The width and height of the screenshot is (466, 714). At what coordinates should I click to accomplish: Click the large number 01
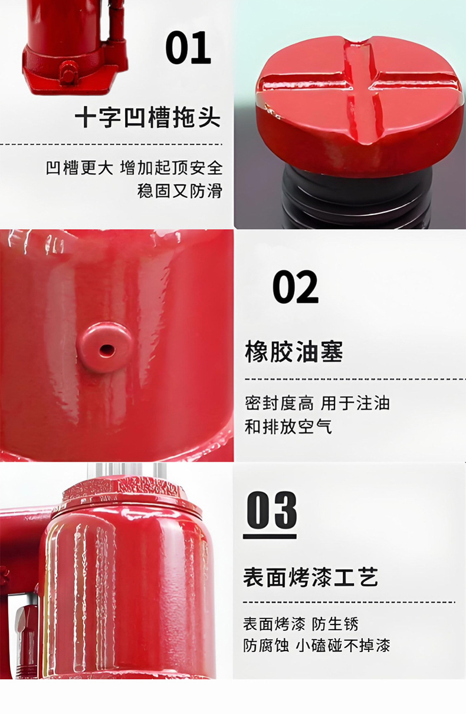(x=188, y=48)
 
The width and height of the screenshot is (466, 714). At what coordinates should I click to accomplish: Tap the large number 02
(x=295, y=287)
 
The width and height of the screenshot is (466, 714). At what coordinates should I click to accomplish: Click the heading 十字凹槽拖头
(x=147, y=118)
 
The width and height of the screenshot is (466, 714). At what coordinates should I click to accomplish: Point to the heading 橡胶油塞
(x=294, y=352)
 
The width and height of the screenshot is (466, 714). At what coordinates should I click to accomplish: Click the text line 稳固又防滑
(x=179, y=191)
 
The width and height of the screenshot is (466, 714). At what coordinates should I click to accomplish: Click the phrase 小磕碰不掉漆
(x=343, y=645)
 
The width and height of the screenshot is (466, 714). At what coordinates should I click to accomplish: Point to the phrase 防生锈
(x=335, y=624)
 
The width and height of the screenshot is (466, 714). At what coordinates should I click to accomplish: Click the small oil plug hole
(x=106, y=349)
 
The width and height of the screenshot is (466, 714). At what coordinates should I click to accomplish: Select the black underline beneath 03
(x=270, y=536)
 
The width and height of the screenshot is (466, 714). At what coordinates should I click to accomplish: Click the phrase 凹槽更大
(x=80, y=168)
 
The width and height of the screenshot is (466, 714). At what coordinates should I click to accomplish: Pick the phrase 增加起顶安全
(x=171, y=168)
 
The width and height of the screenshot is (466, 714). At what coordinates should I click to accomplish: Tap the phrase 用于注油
(x=355, y=404)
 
